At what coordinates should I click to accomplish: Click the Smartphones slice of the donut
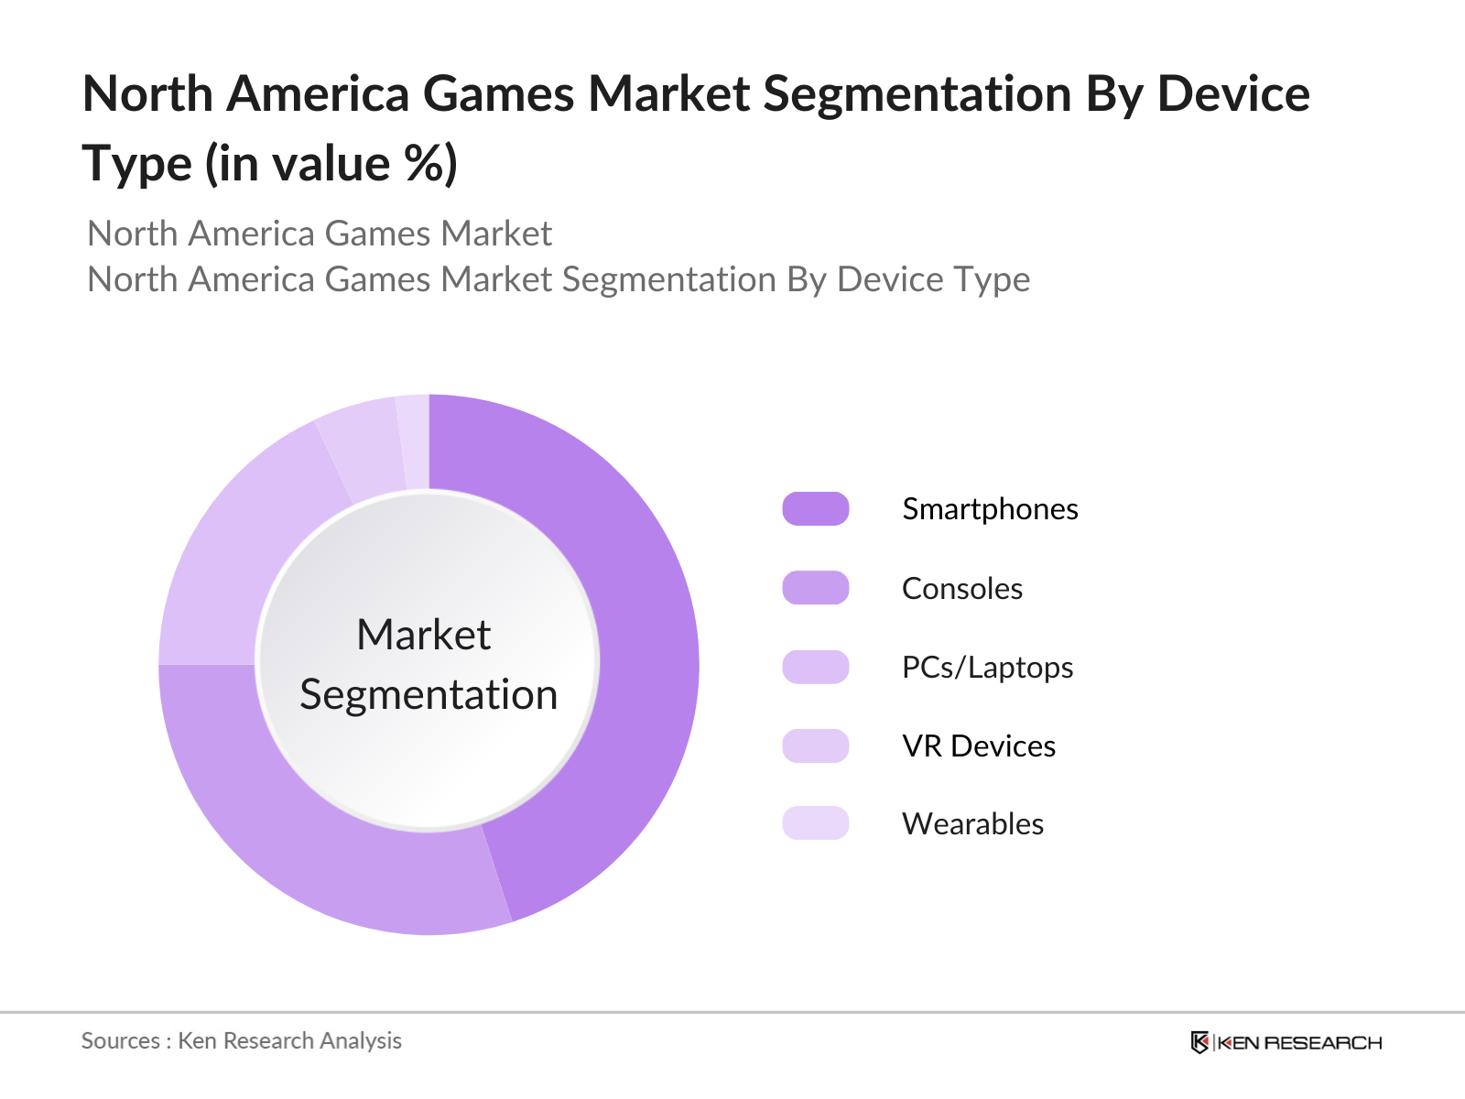click(x=641, y=641)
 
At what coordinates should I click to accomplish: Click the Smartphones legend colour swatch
click(x=815, y=509)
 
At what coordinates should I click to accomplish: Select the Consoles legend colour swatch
click(x=815, y=588)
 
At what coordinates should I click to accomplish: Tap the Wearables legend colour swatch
click(x=815, y=823)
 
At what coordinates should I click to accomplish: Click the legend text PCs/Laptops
click(x=987, y=668)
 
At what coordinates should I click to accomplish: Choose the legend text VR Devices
click(x=978, y=746)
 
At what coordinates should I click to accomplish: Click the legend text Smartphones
click(x=990, y=509)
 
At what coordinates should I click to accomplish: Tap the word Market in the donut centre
click(x=424, y=635)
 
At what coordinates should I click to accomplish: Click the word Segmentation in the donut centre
click(x=429, y=694)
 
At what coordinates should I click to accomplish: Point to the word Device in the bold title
click(x=1233, y=94)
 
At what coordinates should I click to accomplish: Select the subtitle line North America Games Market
click(x=320, y=234)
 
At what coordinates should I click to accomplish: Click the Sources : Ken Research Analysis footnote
click(x=242, y=1041)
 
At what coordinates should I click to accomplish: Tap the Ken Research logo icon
click(x=1199, y=1042)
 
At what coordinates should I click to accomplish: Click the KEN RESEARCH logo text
click(x=1300, y=1043)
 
